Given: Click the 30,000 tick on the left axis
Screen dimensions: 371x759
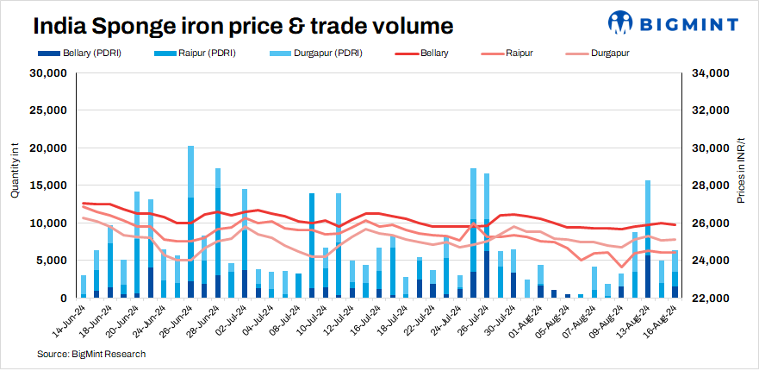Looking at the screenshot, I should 49,73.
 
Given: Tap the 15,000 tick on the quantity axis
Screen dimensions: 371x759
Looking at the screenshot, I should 49,185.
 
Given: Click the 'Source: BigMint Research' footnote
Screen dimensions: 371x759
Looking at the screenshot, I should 91,354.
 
